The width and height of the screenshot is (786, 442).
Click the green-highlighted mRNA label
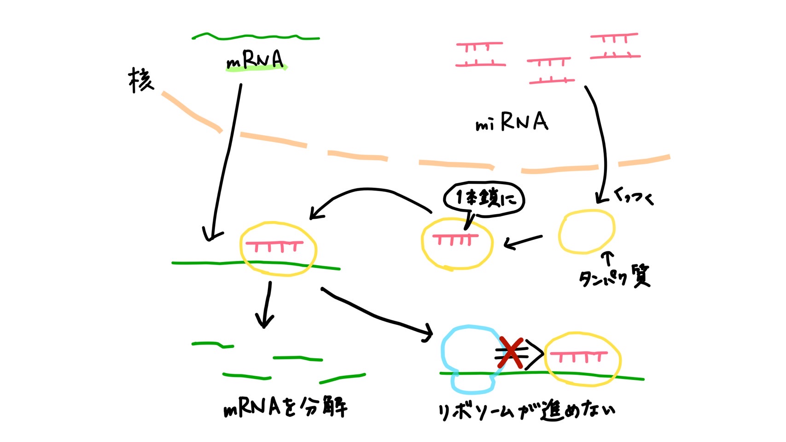point(256,60)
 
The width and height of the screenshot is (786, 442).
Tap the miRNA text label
point(512,122)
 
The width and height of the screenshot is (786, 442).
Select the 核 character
point(140,80)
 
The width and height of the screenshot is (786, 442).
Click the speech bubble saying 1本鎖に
point(483,198)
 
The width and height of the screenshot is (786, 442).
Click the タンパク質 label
point(614,277)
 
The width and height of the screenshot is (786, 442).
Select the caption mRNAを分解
point(285,407)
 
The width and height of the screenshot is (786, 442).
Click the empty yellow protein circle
point(586,232)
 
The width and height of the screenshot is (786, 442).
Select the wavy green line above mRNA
point(256,37)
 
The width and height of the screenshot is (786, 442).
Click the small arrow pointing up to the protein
point(608,258)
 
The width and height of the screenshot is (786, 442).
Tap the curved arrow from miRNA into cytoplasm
point(601,143)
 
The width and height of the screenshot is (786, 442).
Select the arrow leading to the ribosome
point(378,315)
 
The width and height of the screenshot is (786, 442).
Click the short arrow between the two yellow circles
point(523,241)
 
